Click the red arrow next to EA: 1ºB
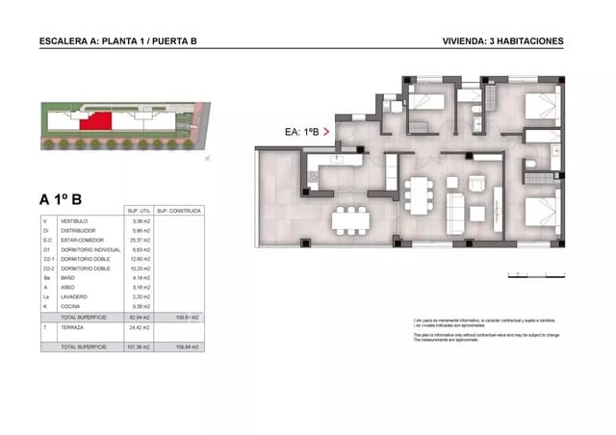(x=328, y=129)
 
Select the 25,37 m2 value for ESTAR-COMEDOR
(x=141, y=241)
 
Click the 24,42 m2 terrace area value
(x=141, y=327)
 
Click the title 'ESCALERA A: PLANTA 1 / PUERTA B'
(x=119, y=41)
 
